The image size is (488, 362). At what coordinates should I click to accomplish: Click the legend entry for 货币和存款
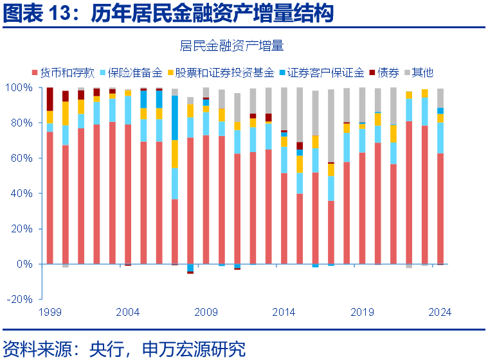[63, 72]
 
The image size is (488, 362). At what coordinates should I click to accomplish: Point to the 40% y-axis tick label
[20, 193]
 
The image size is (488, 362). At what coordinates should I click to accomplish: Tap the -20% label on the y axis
[19, 299]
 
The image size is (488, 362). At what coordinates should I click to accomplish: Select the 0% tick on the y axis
[23, 264]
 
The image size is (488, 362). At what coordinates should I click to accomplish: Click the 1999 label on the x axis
[50, 313]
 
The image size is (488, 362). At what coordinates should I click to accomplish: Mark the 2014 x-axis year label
[284, 313]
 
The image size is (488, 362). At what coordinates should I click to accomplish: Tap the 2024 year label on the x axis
[440, 313]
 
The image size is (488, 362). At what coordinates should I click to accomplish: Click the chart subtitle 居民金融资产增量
[231, 46]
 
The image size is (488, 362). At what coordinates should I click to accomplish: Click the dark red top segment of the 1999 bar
[50, 99]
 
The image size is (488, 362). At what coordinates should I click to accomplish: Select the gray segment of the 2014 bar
[284, 109]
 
